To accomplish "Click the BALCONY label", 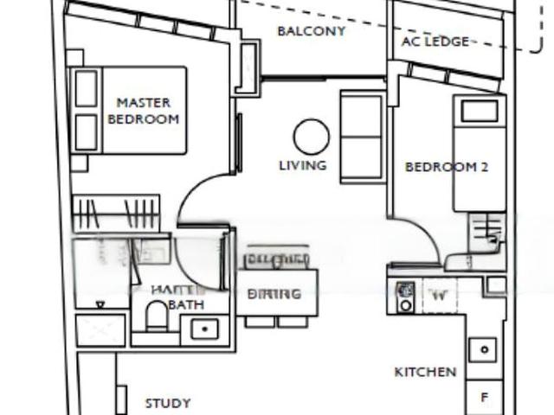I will [x=311, y=31].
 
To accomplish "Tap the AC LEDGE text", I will [x=435, y=41].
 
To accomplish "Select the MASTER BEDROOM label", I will [x=143, y=111].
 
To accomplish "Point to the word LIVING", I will [x=302, y=165].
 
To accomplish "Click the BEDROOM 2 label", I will [x=447, y=167].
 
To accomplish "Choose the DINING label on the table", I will [x=275, y=294].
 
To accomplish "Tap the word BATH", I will [x=185, y=305].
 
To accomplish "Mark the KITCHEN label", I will [x=425, y=372].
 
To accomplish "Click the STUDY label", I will [x=168, y=403].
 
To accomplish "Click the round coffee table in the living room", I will [x=311, y=137].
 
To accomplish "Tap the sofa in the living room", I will [x=362, y=137].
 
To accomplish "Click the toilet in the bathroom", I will [x=158, y=317].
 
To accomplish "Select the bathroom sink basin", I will [x=205, y=329].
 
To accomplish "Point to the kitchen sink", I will [x=483, y=350].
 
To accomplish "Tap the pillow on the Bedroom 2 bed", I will [x=479, y=111].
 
